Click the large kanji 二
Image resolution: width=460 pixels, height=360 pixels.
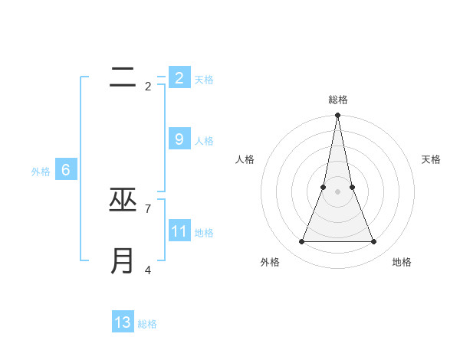click(123, 77)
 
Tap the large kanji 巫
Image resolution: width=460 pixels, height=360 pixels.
click(123, 200)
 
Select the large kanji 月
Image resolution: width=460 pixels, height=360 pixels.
click(123, 261)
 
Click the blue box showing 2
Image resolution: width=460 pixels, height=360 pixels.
click(179, 77)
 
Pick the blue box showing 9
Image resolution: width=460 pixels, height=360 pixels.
click(179, 139)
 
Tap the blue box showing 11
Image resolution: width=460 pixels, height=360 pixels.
click(179, 231)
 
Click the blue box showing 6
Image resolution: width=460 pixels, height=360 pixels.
click(66, 170)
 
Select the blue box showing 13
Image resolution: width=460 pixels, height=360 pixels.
click(123, 322)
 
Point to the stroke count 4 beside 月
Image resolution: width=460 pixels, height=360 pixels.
click(147, 269)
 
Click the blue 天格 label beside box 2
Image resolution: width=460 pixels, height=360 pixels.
click(204, 79)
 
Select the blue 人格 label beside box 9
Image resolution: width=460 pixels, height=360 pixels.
click(204, 141)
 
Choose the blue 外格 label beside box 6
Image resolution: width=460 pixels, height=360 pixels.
click(41, 172)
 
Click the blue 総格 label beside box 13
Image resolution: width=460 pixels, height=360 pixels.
click(147, 324)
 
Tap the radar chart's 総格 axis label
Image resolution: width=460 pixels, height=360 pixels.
click(338, 100)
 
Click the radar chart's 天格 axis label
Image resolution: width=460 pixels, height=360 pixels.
click(432, 159)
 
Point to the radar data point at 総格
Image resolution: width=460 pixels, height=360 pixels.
click(338, 116)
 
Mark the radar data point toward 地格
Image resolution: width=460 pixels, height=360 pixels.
click(374, 242)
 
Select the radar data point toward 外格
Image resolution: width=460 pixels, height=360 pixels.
click(302, 242)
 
